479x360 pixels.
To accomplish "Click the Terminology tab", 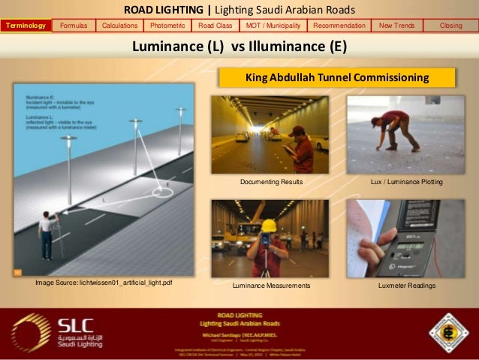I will (26, 26).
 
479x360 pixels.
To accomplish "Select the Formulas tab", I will (74, 26).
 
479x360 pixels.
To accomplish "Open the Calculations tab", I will (119, 26).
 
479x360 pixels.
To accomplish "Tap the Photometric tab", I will (167, 26).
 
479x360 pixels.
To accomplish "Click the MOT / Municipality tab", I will (273, 26).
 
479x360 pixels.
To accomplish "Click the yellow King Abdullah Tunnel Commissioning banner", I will (336, 77).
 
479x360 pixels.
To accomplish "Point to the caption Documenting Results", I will (271, 182).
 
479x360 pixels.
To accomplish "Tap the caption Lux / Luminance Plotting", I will (407, 182).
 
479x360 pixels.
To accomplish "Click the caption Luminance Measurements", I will (271, 286).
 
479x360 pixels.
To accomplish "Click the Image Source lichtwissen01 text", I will (104, 283).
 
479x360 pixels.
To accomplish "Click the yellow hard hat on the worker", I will (268, 225).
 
